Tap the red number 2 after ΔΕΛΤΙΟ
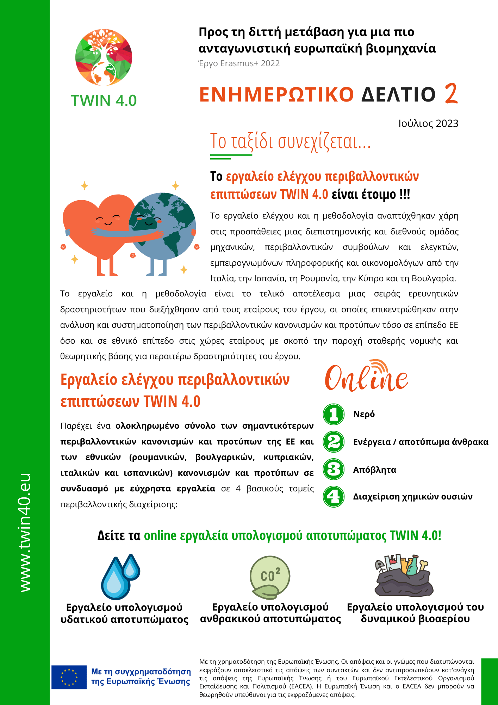pyautogui.click(x=451, y=94)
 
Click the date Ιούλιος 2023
pyautogui.click(x=428, y=123)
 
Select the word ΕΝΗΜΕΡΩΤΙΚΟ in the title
pyautogui.click(x=276, y=94)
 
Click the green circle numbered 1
pyautogui.click(x=334, y=414)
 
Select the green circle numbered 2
pyautogui.click(x=334, y=442)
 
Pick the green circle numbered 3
pyautogui.click(x=334, y=469)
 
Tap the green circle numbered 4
pyautogui.click(x=334, y=496)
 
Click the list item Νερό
pyautogui.click(x=364, y=414)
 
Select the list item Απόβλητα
pyautogui.click(x=375, y=470)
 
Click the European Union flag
pyautogui.click(x=69, y=677)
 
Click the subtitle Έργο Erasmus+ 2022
pyautogui.click(x=239, y=63)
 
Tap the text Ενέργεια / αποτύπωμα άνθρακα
pyautogui.click(x=421, y=442)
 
